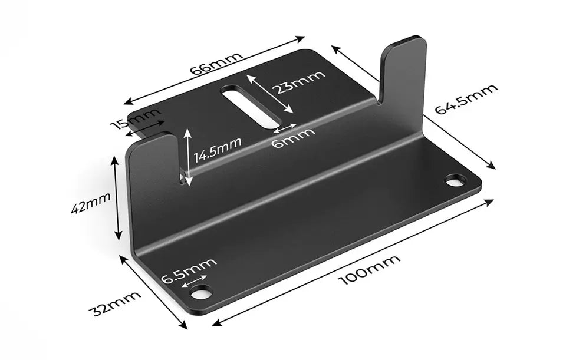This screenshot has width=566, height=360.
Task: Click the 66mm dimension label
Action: [216, 63]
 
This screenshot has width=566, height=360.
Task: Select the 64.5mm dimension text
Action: [466, 98]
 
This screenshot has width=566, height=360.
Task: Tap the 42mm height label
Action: [91, 203]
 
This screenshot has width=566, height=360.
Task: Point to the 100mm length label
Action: [370, 269]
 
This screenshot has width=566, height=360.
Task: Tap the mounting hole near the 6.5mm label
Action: [201, 291]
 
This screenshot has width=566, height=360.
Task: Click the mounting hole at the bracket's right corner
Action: [455, 180]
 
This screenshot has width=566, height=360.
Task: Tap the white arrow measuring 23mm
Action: [269, 94]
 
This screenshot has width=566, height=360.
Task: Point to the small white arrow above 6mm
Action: [285, 127]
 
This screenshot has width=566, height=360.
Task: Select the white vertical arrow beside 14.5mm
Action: [187, 157]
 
